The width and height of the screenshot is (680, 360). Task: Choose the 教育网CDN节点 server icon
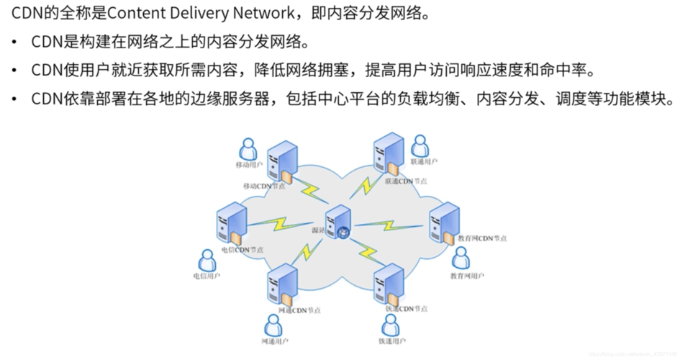click(444, 222)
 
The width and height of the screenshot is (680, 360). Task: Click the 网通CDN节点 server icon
click(282, 284)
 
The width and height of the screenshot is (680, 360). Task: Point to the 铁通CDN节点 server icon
click(389, 284)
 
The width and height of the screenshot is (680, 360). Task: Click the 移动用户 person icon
click(248, 149)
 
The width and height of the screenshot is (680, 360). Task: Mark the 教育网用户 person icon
click(461, 258)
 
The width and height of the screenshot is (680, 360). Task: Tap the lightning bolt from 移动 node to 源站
click(312, 192)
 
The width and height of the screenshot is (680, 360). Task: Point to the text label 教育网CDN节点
click(482, 238)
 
